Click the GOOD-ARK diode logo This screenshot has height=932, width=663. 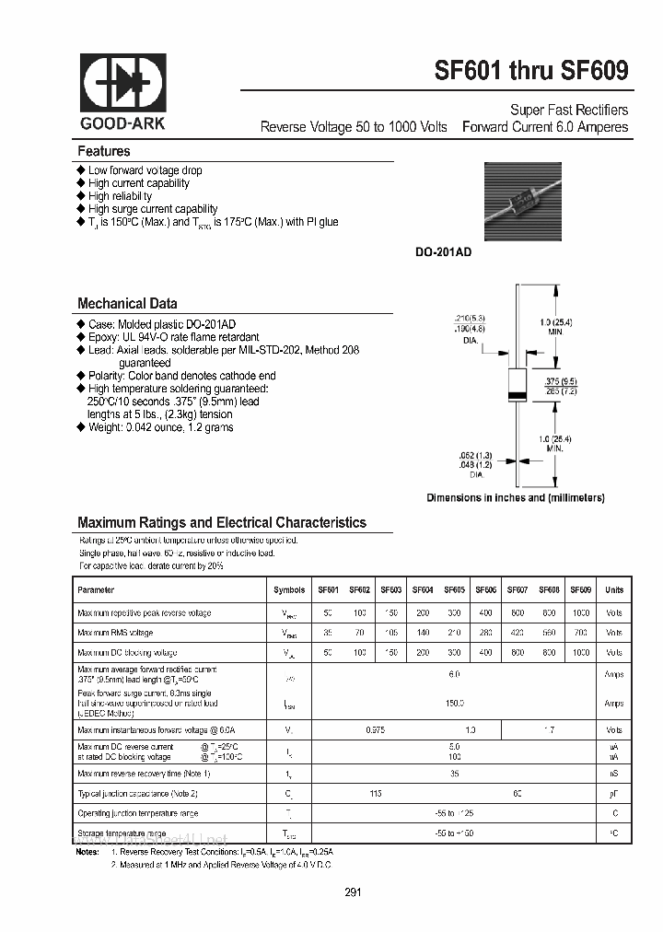pos(122,84)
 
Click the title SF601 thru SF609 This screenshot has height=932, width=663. pos(532,71)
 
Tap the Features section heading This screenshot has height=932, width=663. pos(103,151)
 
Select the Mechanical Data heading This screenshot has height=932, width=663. pos(127,303)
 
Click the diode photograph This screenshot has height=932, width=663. pos(523,202)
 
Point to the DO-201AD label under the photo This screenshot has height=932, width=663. pos(443,251)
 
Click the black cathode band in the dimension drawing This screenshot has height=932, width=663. pos(518,395)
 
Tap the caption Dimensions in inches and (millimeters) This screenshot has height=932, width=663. pos(515,497)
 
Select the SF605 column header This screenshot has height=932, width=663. pos(454,589)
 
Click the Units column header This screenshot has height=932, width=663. pos(613,589)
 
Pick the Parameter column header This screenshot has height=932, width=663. pos(96,589)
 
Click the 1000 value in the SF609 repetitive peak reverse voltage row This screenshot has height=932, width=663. pos(581,612)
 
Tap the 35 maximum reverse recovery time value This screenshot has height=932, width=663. pos(454,774)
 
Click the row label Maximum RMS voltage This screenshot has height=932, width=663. pos(115,633)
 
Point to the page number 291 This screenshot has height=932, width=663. pos(353,892)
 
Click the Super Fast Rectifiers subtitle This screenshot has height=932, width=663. pos(569,110)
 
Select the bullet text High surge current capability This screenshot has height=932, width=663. pos(153,209)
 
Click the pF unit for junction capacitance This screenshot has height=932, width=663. pos(613,793)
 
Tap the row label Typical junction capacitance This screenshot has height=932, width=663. pos(137,793)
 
